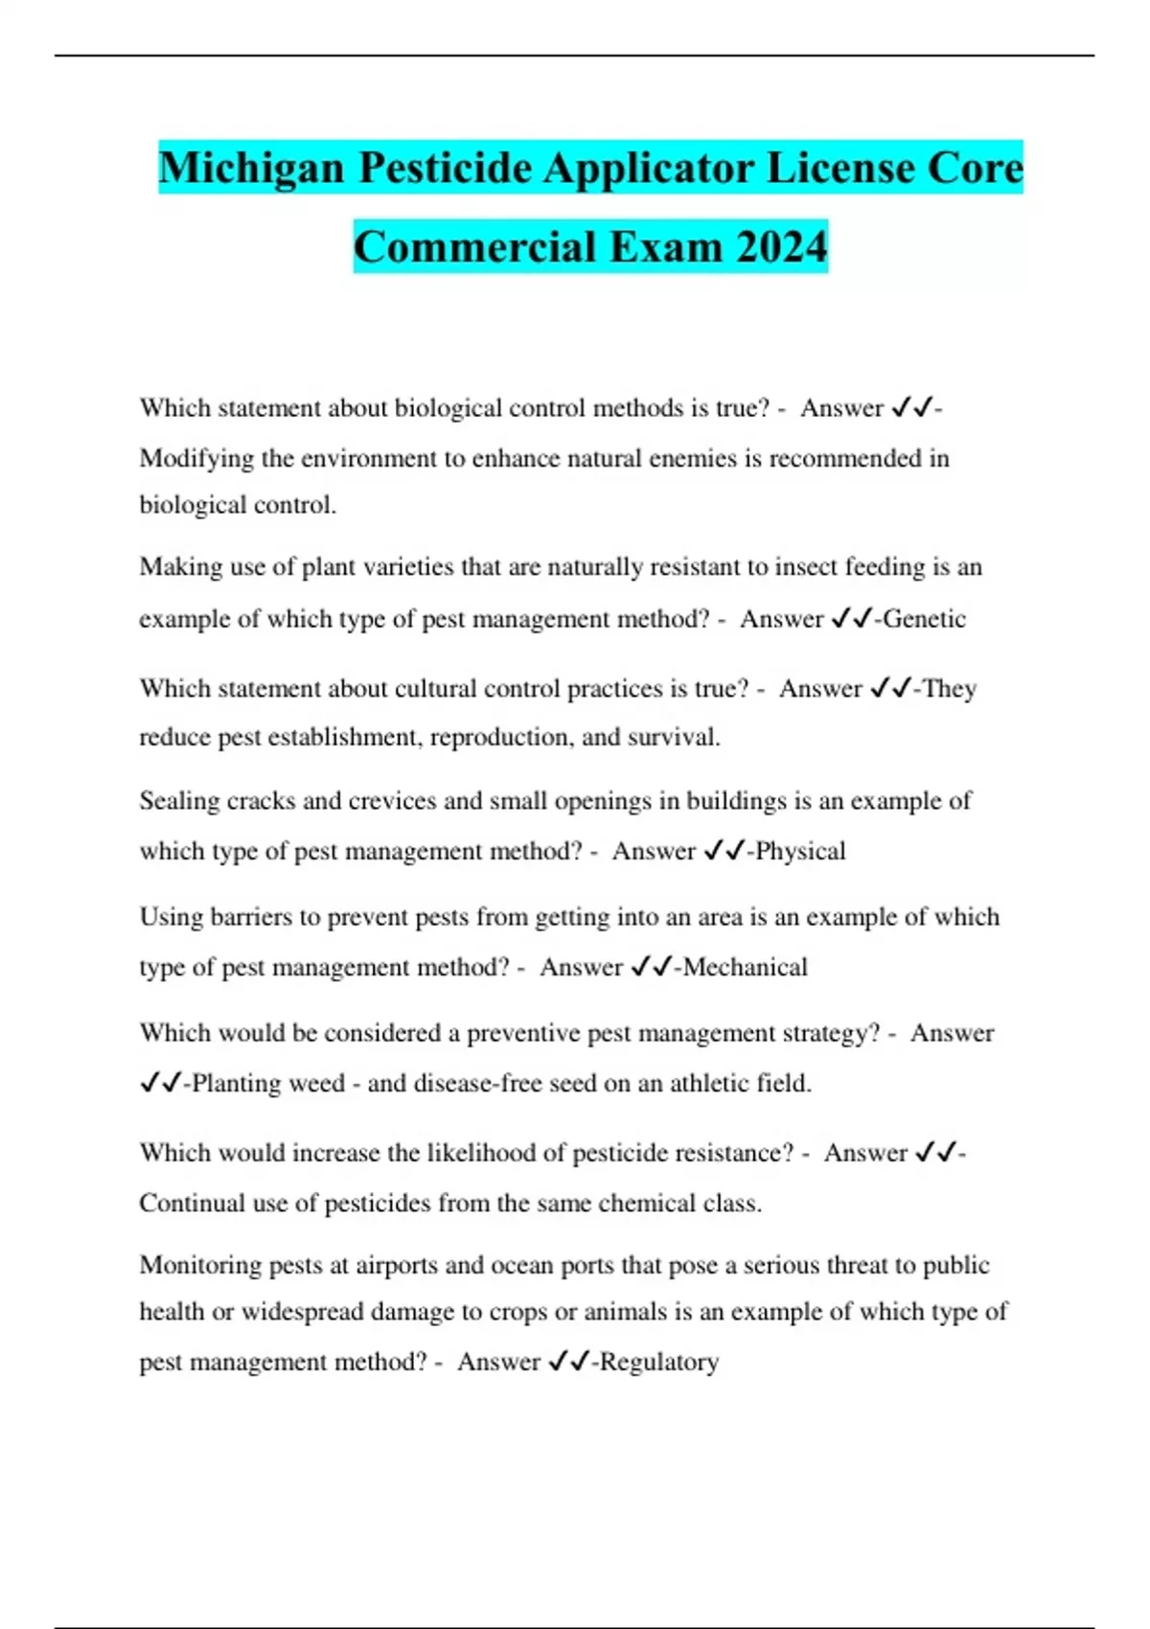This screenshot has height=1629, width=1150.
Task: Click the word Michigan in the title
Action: (251, 169)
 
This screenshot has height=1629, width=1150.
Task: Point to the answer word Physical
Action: (800, 851)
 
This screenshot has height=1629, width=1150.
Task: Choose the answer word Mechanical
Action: (745, 967)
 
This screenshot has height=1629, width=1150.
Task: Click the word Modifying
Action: (196, 458)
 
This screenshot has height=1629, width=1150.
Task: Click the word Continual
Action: (192, 1203)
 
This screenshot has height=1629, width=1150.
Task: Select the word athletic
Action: (708, 1083)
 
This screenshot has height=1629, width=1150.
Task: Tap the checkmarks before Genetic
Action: (851, 619)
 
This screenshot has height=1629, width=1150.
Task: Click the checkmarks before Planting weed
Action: (160, 1083)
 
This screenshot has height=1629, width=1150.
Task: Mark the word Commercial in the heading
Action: (475, 247)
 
